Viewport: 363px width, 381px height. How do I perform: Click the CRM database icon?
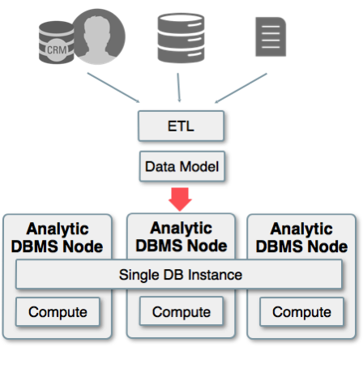pyautogui.click(x=56, y=43)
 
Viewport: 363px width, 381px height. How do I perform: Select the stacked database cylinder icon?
pyautogui.click(x=181, y=38)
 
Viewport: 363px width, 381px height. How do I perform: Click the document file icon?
pyautogui.click(x=271, y=36)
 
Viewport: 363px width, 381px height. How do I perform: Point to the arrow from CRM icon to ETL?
pyautogui.click(x=113, y=88)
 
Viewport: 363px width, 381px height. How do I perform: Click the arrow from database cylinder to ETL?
pyautogui.click(x=178, y=88)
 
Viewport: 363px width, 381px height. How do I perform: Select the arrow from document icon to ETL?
pyautogui.click(x=241, y=88)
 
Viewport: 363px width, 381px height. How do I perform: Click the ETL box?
pyautogui.click(x=181, y=126)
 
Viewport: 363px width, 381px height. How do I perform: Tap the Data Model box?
pyautogui.click(x=182, y=166)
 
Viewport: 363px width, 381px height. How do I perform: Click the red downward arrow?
pyautogui.click(x=180, y=199)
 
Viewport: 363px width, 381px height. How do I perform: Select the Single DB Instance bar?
pyautogui.click(x=179, y=275)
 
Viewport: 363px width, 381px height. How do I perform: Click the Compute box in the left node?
pyautogui.click(x=58, y=312)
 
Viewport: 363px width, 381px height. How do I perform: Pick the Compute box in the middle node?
pyautogui.click(x=181, y=311)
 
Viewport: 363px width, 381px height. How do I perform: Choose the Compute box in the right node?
pyautogui.click(x=301, y=312)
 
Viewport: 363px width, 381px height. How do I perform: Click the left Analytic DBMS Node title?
pyautogui.click(x=58, y=238)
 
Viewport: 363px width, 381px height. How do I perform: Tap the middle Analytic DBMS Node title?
pyautogui.click(x=181, y=237)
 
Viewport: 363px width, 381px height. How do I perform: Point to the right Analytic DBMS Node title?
pyautogui.click(x=301, y=238)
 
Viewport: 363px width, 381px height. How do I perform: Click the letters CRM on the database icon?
pyautogui.click(x=57, y=50)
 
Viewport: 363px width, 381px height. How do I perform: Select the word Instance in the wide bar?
pyautogui.click(x=215, y=275)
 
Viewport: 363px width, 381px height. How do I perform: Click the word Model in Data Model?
pyautogui.click(x=199, y=166)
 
